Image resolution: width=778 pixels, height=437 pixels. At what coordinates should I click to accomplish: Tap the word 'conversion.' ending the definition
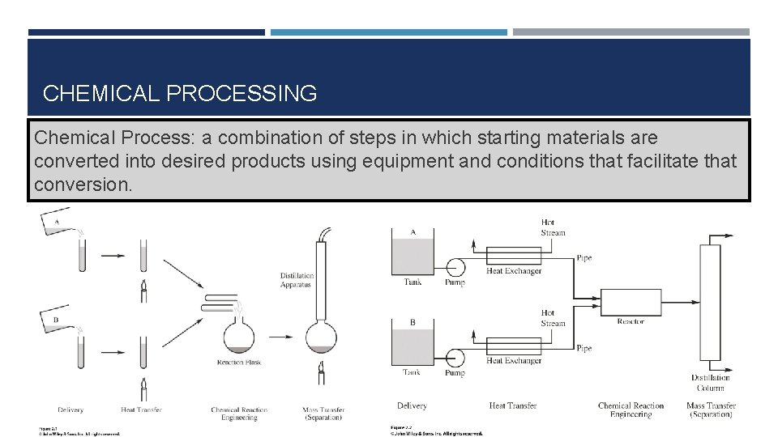click(x=82, y=185)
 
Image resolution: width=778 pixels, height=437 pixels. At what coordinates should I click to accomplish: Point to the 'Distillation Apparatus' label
click(x=297, y=280)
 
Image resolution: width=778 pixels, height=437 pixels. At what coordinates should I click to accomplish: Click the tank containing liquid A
click(x=413, y=256)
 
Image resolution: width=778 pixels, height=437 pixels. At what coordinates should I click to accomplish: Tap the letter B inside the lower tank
click(x=413, y=323)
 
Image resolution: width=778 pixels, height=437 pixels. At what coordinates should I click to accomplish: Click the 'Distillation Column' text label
click(x=710, y=383)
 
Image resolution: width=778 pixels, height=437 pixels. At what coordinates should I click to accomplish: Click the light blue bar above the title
click(x=388, y=32)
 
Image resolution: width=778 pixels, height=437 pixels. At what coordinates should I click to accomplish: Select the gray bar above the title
click(x=631, y=32)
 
